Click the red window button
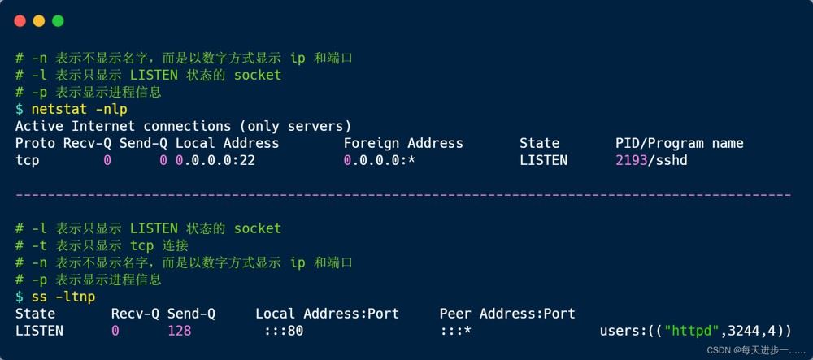[20, 21]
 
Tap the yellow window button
[39, 21]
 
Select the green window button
[58, 21]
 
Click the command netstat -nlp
[80, 109]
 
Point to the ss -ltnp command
[63, 297]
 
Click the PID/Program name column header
[679, 144]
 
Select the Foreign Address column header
[403, 144]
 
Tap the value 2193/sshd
[651, 161]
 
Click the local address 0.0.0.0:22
[215, 161]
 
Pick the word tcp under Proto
[28, 161]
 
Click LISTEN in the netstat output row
[543, 161]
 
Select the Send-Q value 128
[180, 331]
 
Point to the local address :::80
[284, 331]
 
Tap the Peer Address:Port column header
[507, 314]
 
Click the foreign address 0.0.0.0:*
[380, 161]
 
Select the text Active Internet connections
[123, 127]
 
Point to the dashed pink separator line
[403, 195]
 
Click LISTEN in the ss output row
[39, 331]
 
